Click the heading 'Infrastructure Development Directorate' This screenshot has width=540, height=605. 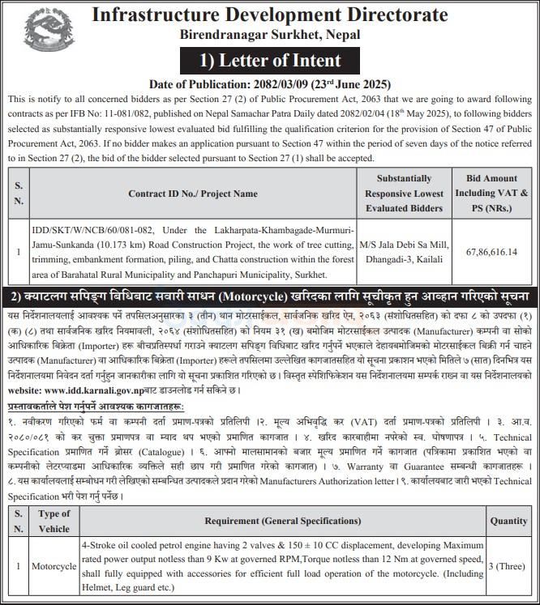coord(270,15)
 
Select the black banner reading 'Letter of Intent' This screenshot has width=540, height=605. coord(271,60)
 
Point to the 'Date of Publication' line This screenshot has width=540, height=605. coord(270,84)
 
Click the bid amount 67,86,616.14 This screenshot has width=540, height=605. coord(491,252)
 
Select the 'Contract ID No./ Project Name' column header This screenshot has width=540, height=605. coord(193,194)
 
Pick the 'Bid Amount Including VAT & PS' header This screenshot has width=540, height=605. coord(491,194)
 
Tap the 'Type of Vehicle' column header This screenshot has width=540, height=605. coord(54,521)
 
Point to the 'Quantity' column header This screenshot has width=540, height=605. coord(508,521)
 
